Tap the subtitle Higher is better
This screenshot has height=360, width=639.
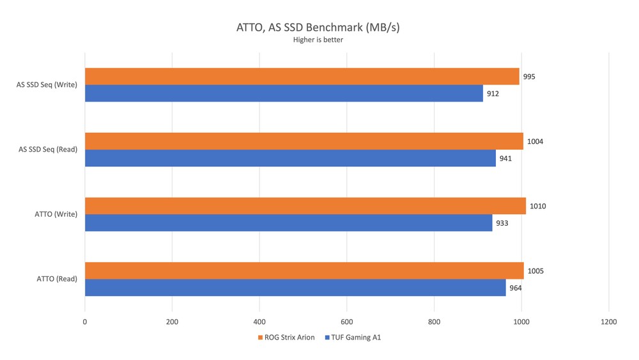[x=318, y=40]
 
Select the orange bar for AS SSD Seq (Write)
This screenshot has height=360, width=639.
[x=302, y=77]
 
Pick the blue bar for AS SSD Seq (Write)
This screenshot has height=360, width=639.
[x=284, y=93]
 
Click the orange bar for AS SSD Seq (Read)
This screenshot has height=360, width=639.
[x=304, y=141]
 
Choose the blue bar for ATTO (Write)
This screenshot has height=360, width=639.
[x=288, y=223]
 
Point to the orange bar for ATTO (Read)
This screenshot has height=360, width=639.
[x=304, y=270]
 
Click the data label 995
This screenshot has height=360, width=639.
[x=528, y=77]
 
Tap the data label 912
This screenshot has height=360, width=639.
[x=492, y=93]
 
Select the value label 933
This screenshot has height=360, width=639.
[x=502, y=223]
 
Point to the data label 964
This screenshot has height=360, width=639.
[x=515, y=288]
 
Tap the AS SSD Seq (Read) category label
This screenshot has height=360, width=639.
[x=48, y=150]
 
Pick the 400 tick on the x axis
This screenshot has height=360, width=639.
[x=259, y=322]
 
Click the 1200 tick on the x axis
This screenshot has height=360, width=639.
[x=608, y=322]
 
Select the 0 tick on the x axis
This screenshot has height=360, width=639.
[x=85, y=322]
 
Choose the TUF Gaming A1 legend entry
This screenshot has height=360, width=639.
[x=357, y=338]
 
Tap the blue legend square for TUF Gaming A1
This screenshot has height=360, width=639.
[x=327, y=338]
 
